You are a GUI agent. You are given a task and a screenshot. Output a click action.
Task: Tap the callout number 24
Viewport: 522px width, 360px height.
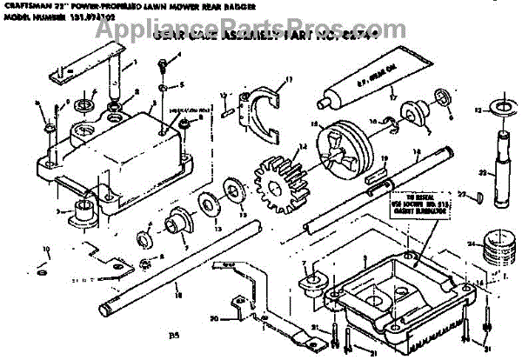click(x=470, y=246)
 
